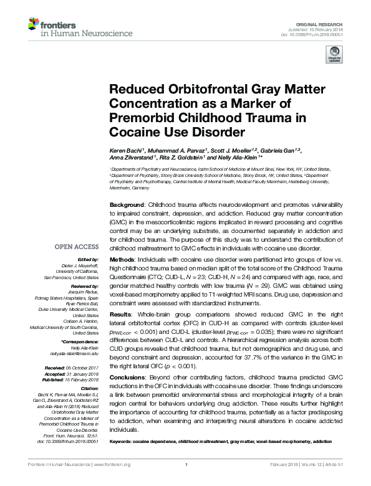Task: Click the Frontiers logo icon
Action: (32, 25)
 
